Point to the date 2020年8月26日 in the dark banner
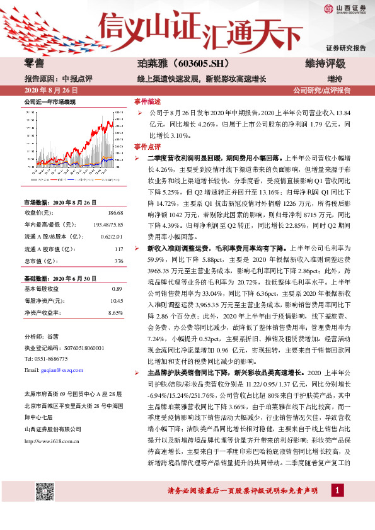47,90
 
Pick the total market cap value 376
118,260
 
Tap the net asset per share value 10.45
116,300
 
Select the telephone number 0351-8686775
58,359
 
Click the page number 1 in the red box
339,490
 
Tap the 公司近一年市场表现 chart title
50,101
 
